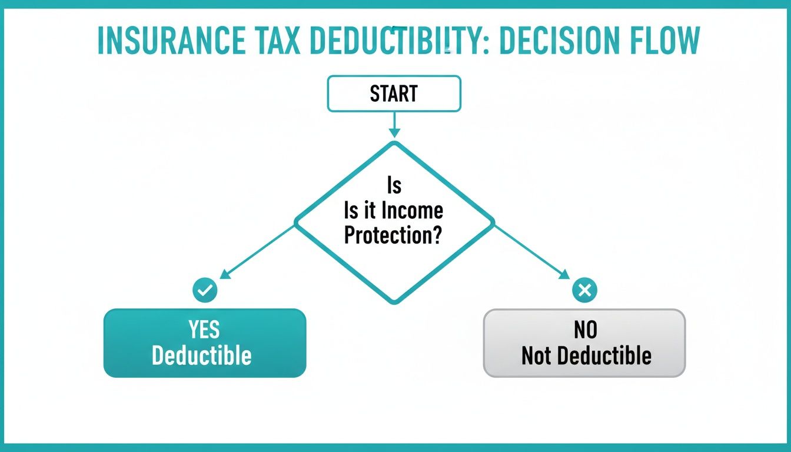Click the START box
tap(394, 94)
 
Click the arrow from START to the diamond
tap(394, 124)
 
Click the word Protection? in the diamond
tap(394, 235)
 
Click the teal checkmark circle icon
tap(205, 290)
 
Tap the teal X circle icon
tap(584, 290)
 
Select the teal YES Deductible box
tap(205, 343)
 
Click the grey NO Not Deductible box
tap(584, 343)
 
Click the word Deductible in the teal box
tap(202, 355)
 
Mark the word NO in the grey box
tap(586, 330)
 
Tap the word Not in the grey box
tap(535, 355)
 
